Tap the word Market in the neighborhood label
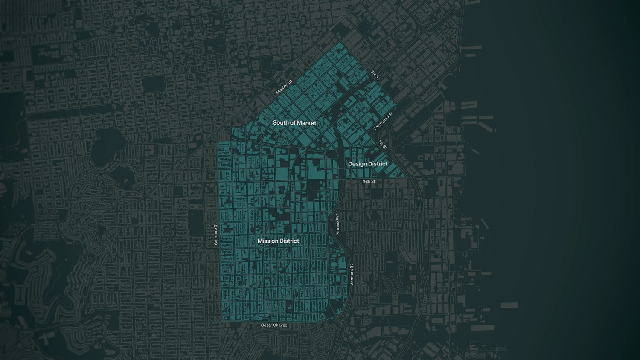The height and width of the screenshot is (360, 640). tap(307, 123)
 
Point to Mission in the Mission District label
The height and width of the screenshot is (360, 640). tap(268, 241)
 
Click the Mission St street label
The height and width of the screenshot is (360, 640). tap(284, 87)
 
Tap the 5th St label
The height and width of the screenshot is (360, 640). tap(375, 75)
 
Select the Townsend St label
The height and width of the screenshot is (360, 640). tap(383, 122)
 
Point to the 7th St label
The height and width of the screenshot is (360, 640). tap(382, 145)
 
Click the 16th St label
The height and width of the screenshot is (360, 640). tap(369, 182)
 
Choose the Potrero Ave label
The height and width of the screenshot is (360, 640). tap(337, 224)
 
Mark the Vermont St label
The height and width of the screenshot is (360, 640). tap(352, 275)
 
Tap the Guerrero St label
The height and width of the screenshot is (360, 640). tap(216, 234)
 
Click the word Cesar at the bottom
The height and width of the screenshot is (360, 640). tap(267, 325)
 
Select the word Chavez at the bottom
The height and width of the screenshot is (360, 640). tap(280, 325)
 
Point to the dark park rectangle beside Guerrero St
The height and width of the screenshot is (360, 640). tap(197, 223)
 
